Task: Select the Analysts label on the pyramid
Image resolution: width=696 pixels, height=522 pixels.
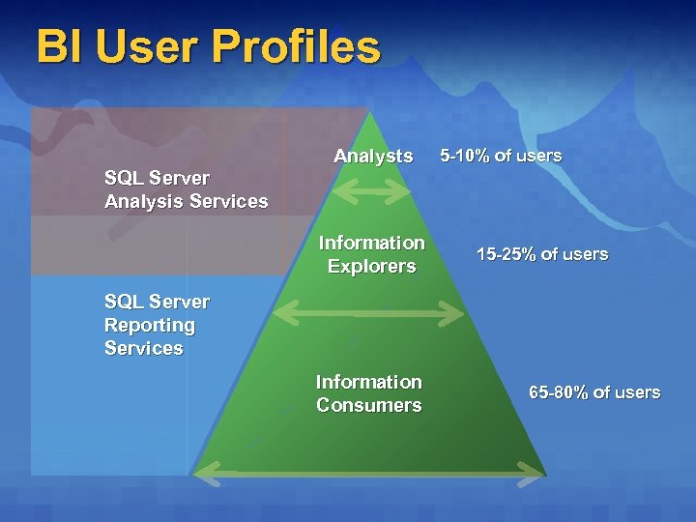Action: [x=373, y=156]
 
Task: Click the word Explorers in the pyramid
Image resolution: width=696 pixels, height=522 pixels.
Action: [x=371, y=266]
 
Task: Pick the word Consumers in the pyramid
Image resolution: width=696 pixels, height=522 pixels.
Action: [x=369, y=405]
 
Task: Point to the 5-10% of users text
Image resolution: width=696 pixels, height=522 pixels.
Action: [x=501, y=155]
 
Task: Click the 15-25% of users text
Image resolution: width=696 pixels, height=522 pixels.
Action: [x=542, y=254]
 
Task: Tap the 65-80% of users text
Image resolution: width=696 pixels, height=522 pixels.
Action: [x=594, y=391]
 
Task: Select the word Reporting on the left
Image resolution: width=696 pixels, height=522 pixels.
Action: [x=150, y=325]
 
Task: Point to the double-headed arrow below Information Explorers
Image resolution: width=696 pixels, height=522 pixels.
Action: [x=370, y=312]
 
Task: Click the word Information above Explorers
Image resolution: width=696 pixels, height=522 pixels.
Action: [x=372, y=243]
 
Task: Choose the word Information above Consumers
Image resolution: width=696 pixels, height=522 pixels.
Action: [x=369, y=382]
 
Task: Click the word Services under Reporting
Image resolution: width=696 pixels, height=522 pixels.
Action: [x=143, y=348]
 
